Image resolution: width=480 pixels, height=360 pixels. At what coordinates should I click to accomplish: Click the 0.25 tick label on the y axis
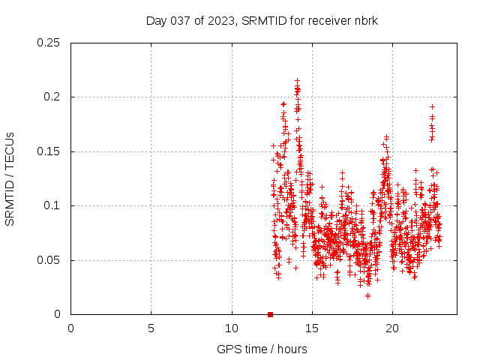[x=49, y=43]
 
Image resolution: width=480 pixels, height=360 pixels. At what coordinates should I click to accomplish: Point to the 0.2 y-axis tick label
[x=52, y=97]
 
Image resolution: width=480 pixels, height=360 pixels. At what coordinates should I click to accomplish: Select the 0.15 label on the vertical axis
[x=49, y=151]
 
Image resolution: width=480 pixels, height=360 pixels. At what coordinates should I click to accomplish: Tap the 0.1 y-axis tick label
[x=52, y=205]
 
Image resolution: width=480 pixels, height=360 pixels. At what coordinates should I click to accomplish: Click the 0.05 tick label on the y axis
[x=49, y=260]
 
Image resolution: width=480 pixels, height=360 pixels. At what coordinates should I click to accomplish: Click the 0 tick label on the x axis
[x=70, y=328]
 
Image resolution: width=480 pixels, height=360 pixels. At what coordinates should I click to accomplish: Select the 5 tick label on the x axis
[x=151, y=328]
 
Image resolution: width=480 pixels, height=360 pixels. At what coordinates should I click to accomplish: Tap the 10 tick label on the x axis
[x=232, y=328]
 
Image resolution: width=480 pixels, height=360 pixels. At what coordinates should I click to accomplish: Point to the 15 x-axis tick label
[x=312, y=328]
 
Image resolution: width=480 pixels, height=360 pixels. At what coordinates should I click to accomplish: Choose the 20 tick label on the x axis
[x=392, y=328]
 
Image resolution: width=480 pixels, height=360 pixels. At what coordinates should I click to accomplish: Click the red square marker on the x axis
[x=270, y=314]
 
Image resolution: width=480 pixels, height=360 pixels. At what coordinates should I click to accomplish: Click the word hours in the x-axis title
[x=292, y=349]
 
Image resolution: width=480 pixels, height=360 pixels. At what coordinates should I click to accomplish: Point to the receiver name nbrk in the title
[x=365, y=20]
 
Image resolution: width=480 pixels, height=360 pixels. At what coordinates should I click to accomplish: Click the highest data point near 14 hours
[x=297, y=79]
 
